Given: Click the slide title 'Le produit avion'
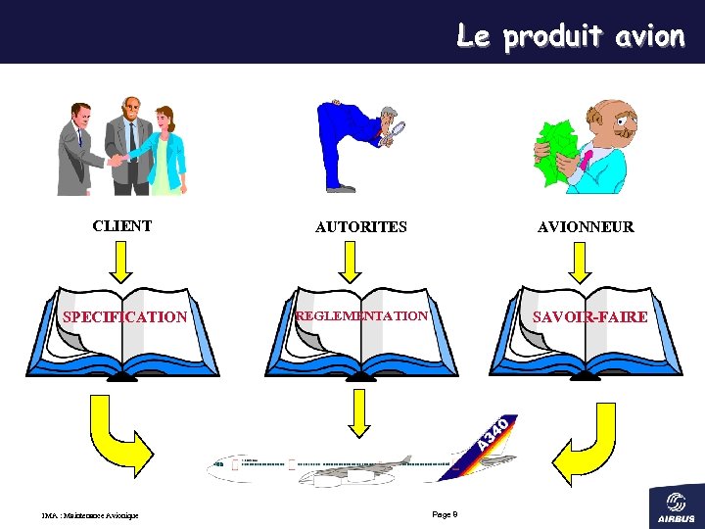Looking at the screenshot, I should pos(570,36).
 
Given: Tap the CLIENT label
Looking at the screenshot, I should pos(122,226).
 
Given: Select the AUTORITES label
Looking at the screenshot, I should pos(360,227).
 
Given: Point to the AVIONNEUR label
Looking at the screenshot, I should pos(586,227).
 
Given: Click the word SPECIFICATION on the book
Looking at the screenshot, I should pos(124,317).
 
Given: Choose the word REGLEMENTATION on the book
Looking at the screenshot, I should pos(362,316).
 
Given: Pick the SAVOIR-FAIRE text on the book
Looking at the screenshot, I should pos(589,317).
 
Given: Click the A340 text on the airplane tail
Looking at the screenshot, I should pos(493,432).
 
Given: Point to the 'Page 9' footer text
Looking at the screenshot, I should pos(445,514).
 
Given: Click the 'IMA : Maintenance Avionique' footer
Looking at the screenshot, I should pos(90,515).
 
